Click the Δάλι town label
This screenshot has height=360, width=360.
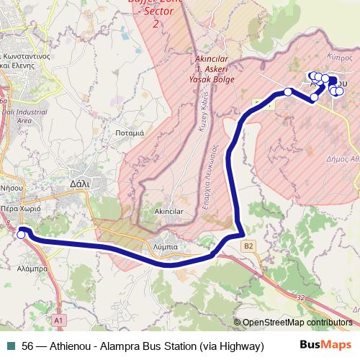79,184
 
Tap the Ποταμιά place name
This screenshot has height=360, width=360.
130,133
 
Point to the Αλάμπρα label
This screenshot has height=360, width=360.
32,268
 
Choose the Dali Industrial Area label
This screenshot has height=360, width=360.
14,116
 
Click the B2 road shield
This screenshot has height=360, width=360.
248,246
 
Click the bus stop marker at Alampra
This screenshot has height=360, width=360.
22,235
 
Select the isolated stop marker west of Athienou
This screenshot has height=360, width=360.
288,91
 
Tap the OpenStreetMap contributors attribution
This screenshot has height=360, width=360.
297,323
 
